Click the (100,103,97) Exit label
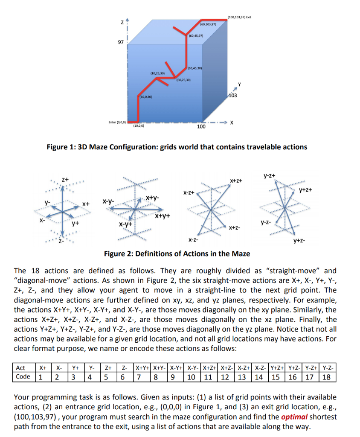coord(239,17)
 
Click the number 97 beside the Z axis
coord(121,43)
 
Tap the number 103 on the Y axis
coord(233,96)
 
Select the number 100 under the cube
coord(201,127)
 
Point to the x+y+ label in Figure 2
coord(163,216)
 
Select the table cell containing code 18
coord(327,377)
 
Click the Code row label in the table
coord(23,377)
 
